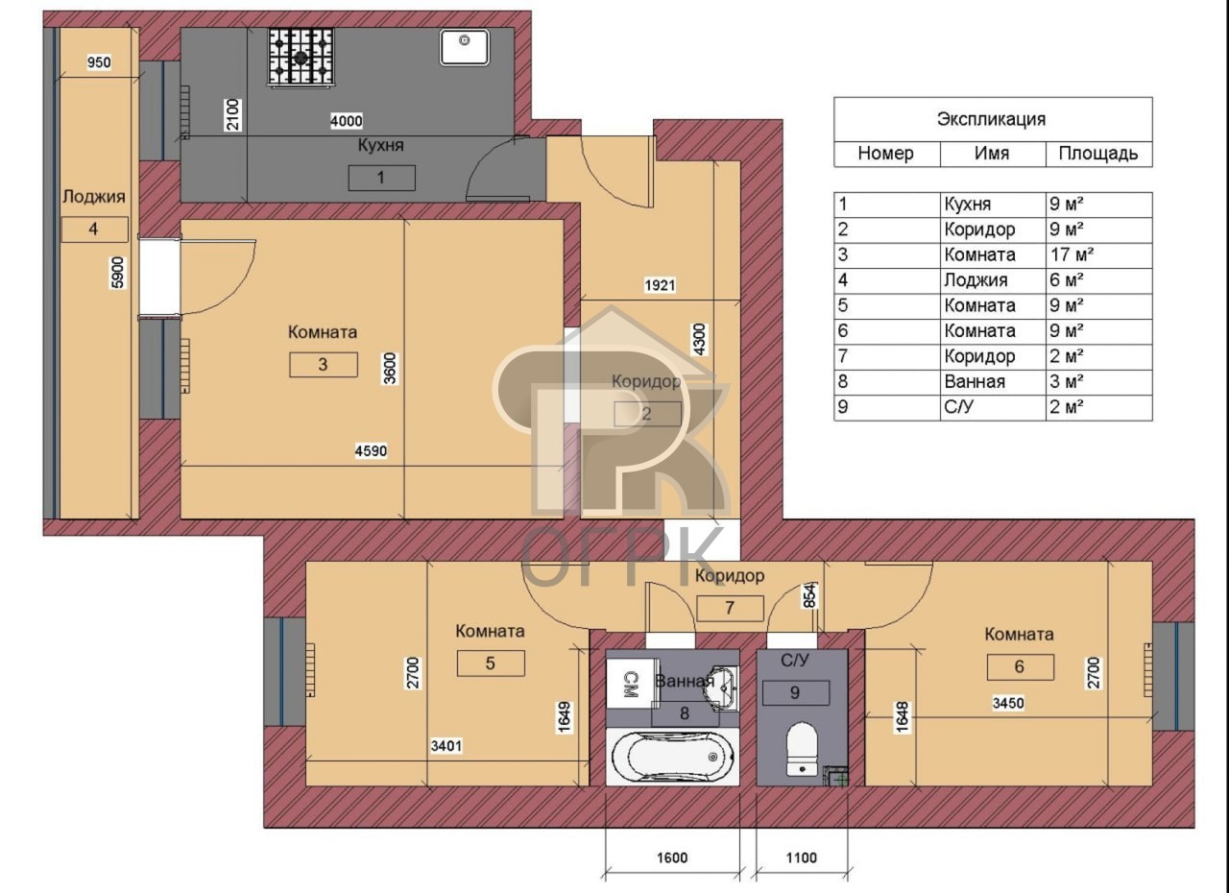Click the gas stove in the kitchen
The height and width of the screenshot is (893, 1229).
click(x=301, y=58)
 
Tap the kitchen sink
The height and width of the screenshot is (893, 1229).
click(x=464, y=47)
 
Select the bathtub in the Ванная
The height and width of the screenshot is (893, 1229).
click(x=673, y=757)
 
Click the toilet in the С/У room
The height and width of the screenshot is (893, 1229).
click(x=802, y=749)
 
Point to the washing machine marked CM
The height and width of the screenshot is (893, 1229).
click(x=631, y=684)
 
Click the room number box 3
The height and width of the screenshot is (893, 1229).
click(x=324, y=364)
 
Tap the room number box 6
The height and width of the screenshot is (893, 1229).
click(x=1020, y=666)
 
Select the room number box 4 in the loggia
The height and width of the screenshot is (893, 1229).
click(x=94, y=229)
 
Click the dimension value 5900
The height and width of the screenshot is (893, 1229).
click(x=117, y=273)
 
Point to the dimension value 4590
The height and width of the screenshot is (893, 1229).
click(x=371, y=451)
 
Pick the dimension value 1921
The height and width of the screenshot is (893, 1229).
click(x=660, y=285)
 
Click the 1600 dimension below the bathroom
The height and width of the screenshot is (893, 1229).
click(x=672, y=857)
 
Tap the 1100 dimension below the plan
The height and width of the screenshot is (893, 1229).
click(x=802, y=857)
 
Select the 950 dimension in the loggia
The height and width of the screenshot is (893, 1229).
click(x=99, y=62)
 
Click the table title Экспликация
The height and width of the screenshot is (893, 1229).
click(x=991, y=120)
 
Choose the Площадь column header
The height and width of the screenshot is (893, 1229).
click(x=1097, y=155)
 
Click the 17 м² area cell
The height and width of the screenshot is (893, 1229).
click(x=1072, y=255)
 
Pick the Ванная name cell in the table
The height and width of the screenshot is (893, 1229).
click(x=975, y=382)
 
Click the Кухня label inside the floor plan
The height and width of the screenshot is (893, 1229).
click(x=381, y=146)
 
